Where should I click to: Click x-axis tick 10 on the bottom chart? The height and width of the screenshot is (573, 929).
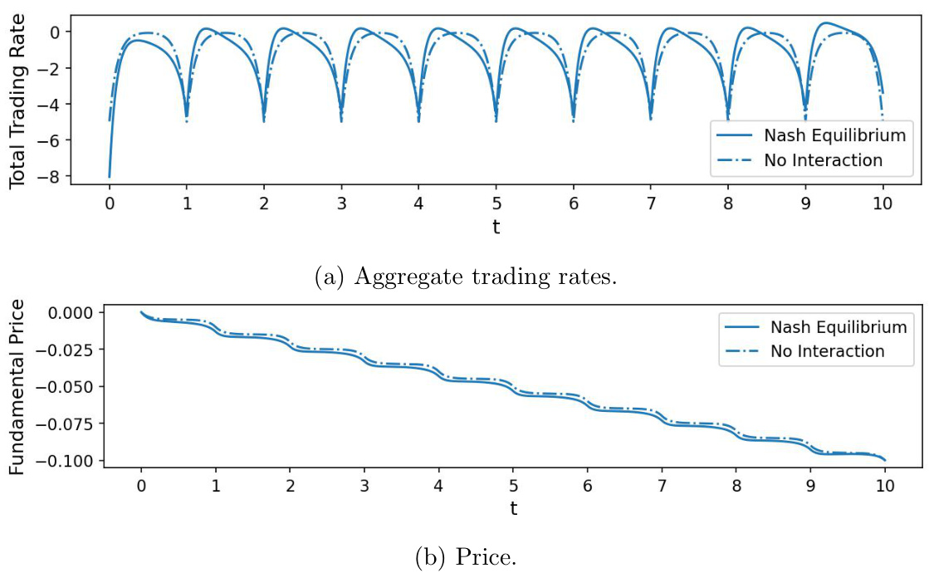[884, 486]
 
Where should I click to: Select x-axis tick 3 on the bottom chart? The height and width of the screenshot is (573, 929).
[364, 486]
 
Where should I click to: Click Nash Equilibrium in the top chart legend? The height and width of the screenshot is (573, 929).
[834, 134]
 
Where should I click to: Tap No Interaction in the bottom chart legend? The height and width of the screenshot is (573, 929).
[826, 350]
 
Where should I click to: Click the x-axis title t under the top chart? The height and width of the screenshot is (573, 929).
[496, 227]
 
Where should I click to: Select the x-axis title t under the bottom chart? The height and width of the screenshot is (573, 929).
[513, 508]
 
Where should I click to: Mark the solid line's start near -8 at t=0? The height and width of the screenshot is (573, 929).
[110, 176]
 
